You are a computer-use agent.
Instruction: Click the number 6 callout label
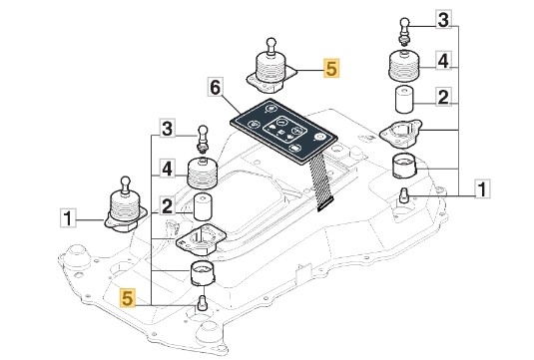click(216, 88)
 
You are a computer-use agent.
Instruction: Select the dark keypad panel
click(283, 132)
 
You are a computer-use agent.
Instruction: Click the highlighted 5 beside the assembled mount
click(331, 68)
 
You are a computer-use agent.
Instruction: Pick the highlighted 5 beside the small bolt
click(127, 298)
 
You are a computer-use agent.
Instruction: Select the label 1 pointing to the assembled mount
click(68, 218)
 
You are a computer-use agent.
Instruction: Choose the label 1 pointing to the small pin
click(482, 188)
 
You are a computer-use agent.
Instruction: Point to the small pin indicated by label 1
click(404, 195)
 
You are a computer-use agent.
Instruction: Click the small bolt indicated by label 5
click(202, 302)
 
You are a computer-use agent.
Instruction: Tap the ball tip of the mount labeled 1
click(126, 180)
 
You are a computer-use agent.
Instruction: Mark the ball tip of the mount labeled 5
click(271, 43)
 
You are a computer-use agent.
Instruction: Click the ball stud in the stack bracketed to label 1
click(404, 31)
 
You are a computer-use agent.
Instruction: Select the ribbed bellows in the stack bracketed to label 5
click(203, 173)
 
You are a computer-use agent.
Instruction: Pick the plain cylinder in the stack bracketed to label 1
click(404, 100)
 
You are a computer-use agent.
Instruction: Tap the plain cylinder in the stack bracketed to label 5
click(203, 206)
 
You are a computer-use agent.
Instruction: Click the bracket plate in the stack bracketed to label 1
click(400, 134)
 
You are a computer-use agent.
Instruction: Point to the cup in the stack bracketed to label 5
click(203, 273)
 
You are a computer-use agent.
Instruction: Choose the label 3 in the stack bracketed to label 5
click(168, 128)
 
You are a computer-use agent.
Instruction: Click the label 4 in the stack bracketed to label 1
click(443, 60)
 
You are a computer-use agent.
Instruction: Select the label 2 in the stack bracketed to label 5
click(167, 205)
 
